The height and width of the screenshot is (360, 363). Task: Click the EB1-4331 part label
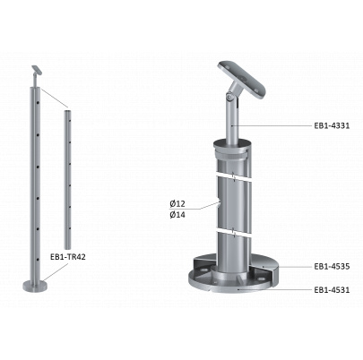point(332,125)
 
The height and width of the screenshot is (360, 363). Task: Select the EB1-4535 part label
point(332,266)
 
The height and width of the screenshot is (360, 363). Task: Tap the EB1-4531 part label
point(332,289)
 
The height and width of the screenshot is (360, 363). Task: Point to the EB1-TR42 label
point(68,257)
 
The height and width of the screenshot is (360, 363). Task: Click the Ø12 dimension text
point(177,204)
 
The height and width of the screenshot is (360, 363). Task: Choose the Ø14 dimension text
point(177,215)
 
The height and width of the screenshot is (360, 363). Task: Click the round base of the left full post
point(35,286)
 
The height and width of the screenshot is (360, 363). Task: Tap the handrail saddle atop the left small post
point(37,70)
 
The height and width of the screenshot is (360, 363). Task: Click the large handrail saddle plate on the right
point(242,79)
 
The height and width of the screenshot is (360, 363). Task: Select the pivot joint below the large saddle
point(229,97)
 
